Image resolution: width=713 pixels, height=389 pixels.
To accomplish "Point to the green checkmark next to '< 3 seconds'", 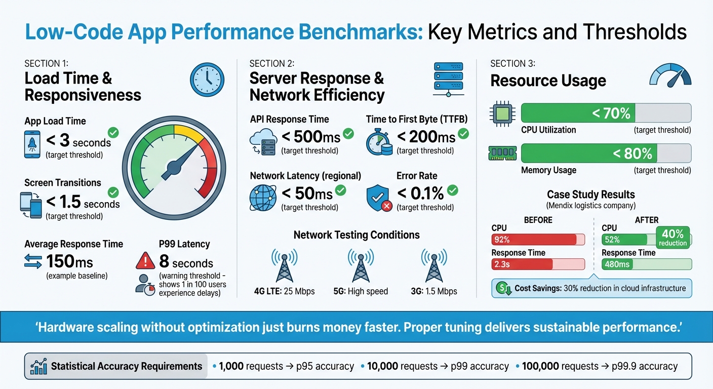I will [x=113, y=133].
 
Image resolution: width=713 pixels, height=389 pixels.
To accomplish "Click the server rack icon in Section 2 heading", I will [x=448, y=79].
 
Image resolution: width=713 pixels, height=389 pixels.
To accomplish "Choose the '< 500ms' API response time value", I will [x=310, y=137].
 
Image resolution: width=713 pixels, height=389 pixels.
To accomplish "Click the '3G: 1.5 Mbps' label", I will [x=434, y=291].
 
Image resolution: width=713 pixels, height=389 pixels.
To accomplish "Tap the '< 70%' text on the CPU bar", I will [x=611, y=113].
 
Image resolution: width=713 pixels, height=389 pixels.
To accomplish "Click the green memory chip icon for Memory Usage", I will [x=502, y=153].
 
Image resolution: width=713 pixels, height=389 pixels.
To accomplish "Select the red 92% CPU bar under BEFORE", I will [x=534, y=240].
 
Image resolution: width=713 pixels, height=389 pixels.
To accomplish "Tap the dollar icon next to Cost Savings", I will [x=502, y=288].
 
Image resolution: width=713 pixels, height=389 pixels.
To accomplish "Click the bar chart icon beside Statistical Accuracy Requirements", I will [x=38, y=366].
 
